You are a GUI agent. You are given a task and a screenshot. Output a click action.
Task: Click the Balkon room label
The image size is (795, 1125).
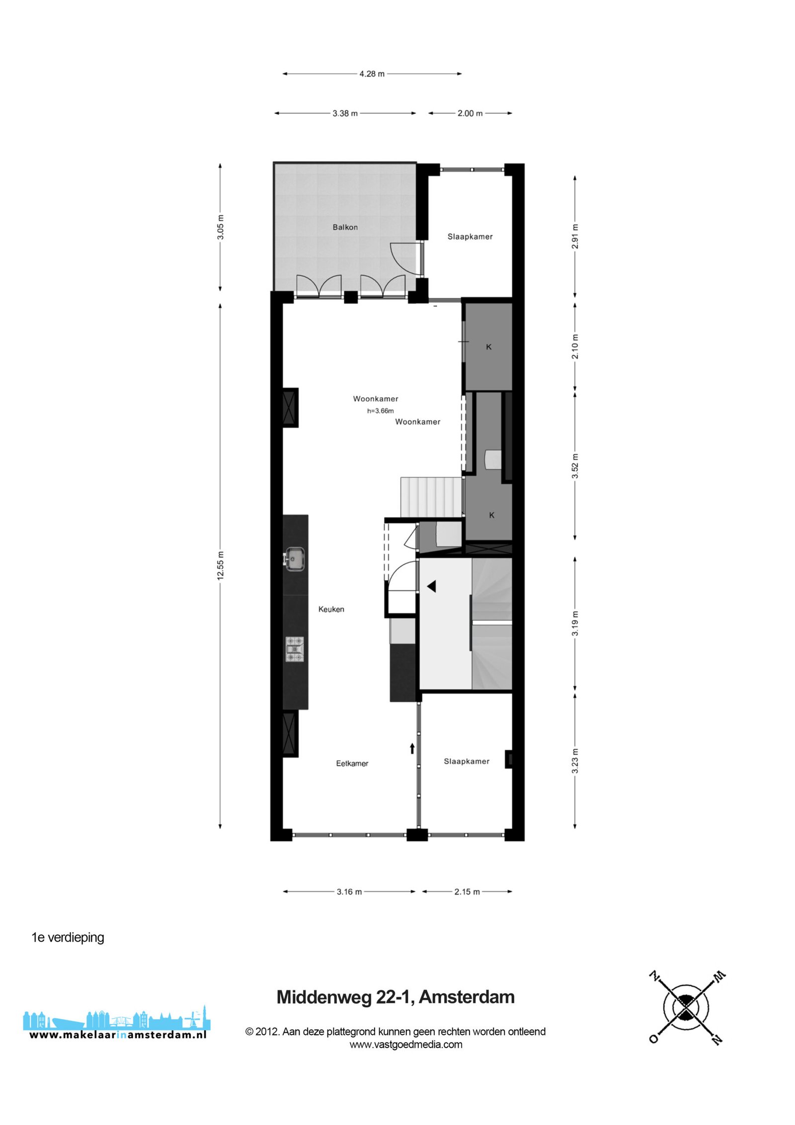[345, 227]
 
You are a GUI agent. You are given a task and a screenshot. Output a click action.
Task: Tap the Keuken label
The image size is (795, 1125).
[331, 609]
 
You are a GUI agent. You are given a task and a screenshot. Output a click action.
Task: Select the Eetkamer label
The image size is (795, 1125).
[352, 763]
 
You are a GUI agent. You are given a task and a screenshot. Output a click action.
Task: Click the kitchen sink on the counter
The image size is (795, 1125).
[294, 559]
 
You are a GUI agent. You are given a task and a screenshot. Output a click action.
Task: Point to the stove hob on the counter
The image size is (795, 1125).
[295, 649]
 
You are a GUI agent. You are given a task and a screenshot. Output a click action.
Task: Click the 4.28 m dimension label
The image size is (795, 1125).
[372, 74]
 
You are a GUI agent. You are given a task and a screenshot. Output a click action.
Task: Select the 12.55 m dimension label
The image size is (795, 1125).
[221, 566]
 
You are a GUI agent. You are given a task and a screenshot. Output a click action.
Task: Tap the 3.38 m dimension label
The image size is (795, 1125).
[345, 113]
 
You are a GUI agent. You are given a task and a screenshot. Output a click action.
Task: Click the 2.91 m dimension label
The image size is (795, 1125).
[575, 237]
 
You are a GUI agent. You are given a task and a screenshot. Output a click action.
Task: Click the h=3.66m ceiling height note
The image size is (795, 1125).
[381, 411]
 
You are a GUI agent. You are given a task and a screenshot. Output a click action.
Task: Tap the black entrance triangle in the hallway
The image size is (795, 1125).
[431, 586]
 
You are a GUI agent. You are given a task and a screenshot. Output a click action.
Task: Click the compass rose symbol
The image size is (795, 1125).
[687, 1008]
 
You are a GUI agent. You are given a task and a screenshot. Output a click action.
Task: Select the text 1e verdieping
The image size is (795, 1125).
[68, 938]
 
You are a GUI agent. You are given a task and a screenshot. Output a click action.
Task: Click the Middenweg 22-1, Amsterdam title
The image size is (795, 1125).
[396, 997]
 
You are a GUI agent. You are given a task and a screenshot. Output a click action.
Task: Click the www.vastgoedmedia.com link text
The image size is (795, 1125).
[406, 1044]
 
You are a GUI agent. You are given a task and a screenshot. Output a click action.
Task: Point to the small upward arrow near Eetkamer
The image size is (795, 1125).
[412, 748]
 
